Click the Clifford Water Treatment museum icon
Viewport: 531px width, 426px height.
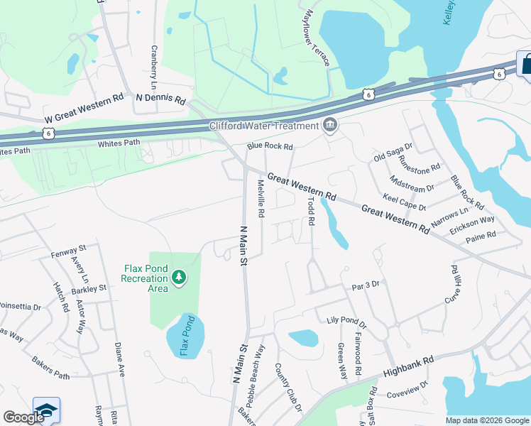[329, 126]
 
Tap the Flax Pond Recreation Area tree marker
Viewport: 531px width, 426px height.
[180, 275]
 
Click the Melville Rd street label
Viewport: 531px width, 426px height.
[261, 199]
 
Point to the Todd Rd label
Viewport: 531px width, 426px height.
[310, 211]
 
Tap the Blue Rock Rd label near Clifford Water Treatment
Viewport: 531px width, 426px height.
[270, 147]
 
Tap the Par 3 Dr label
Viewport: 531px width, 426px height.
[366, 285]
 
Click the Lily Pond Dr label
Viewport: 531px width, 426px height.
[346, 323]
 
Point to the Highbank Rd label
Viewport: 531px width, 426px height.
[408, 366]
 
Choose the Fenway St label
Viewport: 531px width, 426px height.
[68, 249]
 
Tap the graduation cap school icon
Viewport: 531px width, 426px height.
[46, 410]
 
